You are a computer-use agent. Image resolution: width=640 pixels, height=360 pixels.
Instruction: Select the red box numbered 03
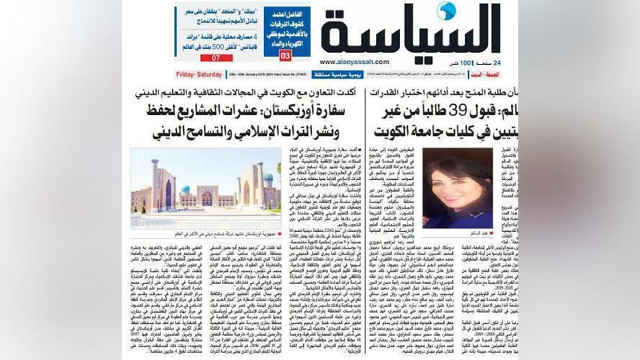click(282, 58)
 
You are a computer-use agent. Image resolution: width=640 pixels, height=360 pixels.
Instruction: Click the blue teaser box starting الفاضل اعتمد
click(285, 24)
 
